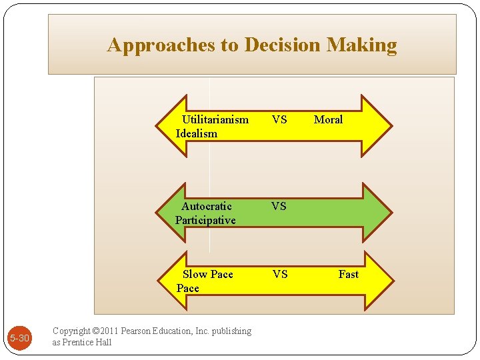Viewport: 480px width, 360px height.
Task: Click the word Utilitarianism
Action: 215,120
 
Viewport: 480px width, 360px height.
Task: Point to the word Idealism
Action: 197,134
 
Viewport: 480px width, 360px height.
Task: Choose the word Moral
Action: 328,120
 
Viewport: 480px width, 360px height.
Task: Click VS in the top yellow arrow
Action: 279,120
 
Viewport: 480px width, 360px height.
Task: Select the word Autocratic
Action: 207,207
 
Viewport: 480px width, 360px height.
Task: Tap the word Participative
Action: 205,221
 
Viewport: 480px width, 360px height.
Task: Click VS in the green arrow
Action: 279,207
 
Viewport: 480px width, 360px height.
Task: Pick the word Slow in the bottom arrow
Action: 195,275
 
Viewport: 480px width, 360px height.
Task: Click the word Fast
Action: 348,275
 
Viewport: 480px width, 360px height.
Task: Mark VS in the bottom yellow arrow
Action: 279,275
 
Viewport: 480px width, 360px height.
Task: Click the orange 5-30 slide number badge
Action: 20,339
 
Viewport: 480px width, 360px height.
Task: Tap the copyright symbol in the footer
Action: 96,331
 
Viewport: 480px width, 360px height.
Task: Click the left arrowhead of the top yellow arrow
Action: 168,126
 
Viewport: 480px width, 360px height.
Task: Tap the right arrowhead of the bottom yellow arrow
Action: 380,281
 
